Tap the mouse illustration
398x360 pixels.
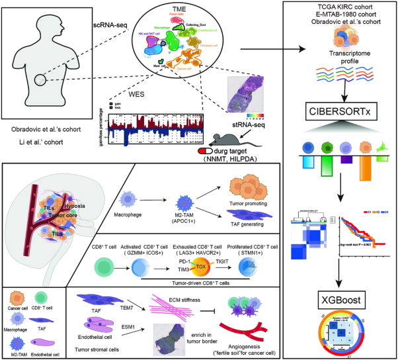(227, 140)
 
